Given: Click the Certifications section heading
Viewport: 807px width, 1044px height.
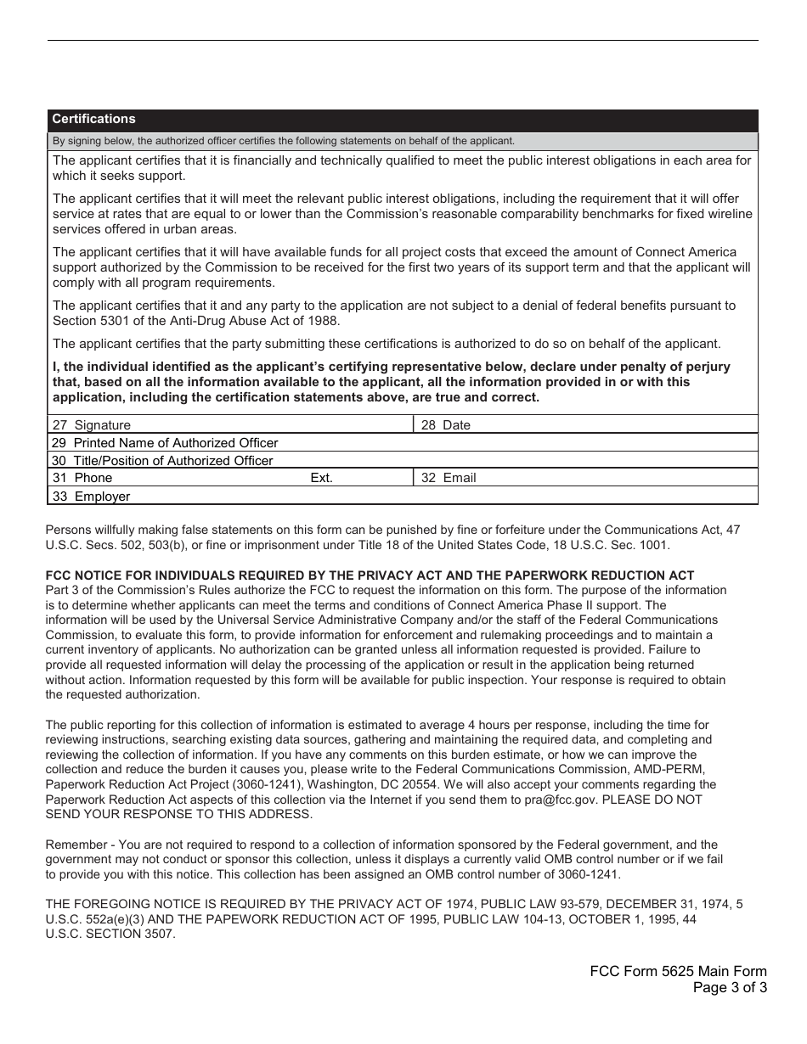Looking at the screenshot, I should (93, 119).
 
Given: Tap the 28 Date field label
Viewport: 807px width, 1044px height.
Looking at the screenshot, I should (445, 425).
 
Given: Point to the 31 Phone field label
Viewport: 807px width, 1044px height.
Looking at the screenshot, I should (82, 478).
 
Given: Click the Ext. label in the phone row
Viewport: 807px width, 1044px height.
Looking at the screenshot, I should (321, 478).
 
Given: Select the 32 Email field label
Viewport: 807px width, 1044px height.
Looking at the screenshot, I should (449, 478).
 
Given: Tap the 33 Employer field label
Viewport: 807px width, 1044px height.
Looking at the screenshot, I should (91, 497).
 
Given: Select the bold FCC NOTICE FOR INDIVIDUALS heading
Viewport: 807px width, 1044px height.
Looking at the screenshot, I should (370, 575).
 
